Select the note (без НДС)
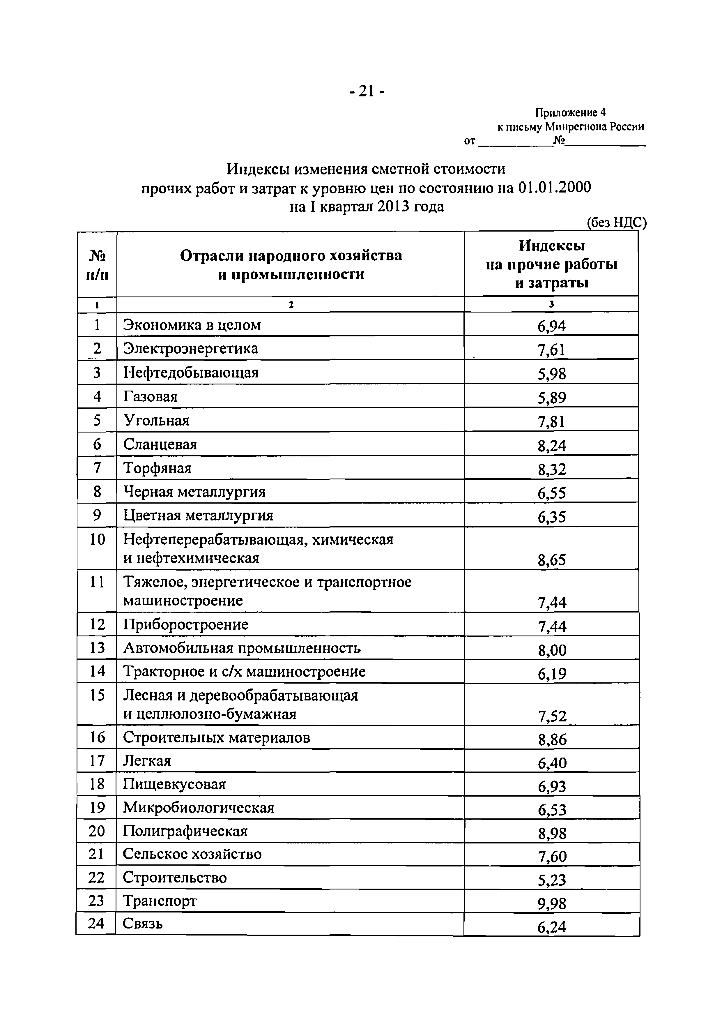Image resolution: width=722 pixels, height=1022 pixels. (616, 223)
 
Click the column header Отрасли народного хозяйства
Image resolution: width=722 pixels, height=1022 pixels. (291, 255)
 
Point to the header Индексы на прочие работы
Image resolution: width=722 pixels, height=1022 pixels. (551, 264)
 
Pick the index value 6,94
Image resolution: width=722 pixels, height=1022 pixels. (551, 326)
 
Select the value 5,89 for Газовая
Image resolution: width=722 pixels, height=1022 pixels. (551, 398)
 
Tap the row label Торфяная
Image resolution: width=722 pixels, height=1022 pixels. (158, 468)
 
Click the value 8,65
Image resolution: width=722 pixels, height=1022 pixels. (551, 560)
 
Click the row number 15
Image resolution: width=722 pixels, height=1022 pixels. (97, 695)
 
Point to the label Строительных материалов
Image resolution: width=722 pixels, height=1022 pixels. (217, 737)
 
